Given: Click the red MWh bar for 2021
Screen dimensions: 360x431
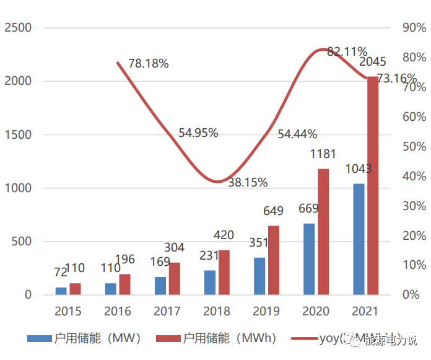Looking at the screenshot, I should coord(373,186).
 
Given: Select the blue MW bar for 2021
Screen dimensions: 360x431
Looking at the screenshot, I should coord(359,239).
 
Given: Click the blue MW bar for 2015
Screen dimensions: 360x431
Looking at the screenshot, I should coord(61,291).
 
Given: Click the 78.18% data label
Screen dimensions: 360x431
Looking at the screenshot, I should coord(149,64).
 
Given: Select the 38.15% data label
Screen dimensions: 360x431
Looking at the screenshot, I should coord(248,183).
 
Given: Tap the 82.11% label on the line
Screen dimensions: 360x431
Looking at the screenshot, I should coord(347,51).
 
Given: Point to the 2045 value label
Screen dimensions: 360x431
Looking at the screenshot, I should coord(373,63).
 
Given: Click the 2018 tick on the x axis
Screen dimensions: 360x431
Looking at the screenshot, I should coord(216,311).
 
